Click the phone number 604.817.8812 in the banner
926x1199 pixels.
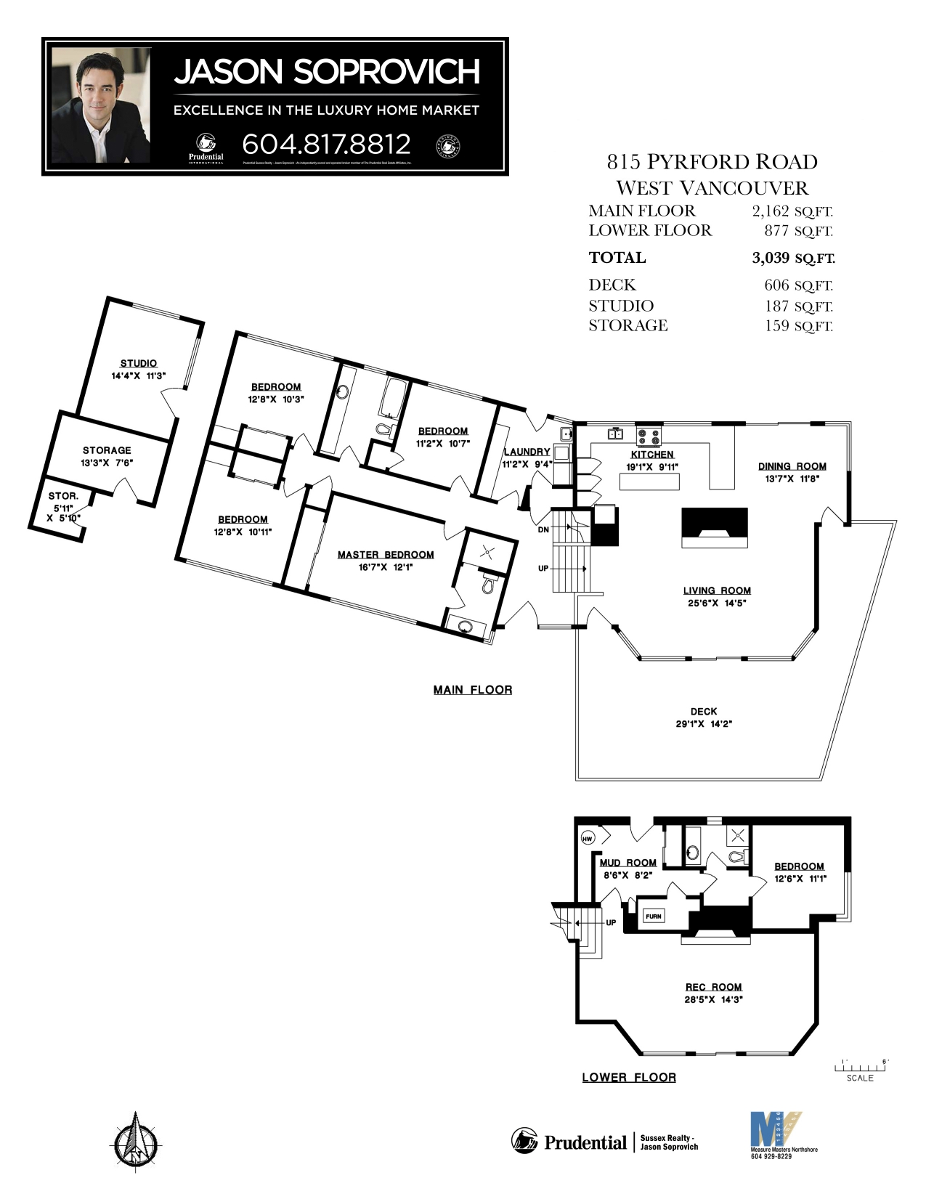[x=326, y=144]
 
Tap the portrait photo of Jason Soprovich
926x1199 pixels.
[x=101, y=105]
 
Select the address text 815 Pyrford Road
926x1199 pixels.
[x=712, y=161]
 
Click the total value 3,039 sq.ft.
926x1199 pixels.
[x=793, y=258]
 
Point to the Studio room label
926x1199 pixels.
[x=138, y=363]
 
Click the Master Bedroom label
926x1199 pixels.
[x=386, y=555]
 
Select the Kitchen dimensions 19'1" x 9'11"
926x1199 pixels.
[x=651, y=467]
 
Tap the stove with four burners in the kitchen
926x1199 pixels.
[x=649, y=436]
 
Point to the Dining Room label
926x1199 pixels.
[x=792, y=466]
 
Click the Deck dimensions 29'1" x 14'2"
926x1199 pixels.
[x=703, y=724]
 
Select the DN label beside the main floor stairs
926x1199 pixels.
[x=543, y=530]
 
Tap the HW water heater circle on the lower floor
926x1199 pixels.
[x=588, y=838]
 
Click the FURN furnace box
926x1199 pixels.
[x=654, y=916]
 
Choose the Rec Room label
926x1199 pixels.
[x=713, y=987]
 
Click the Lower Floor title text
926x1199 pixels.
[x=629, y=1078]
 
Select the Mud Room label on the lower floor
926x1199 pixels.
[x=628, y=863]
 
